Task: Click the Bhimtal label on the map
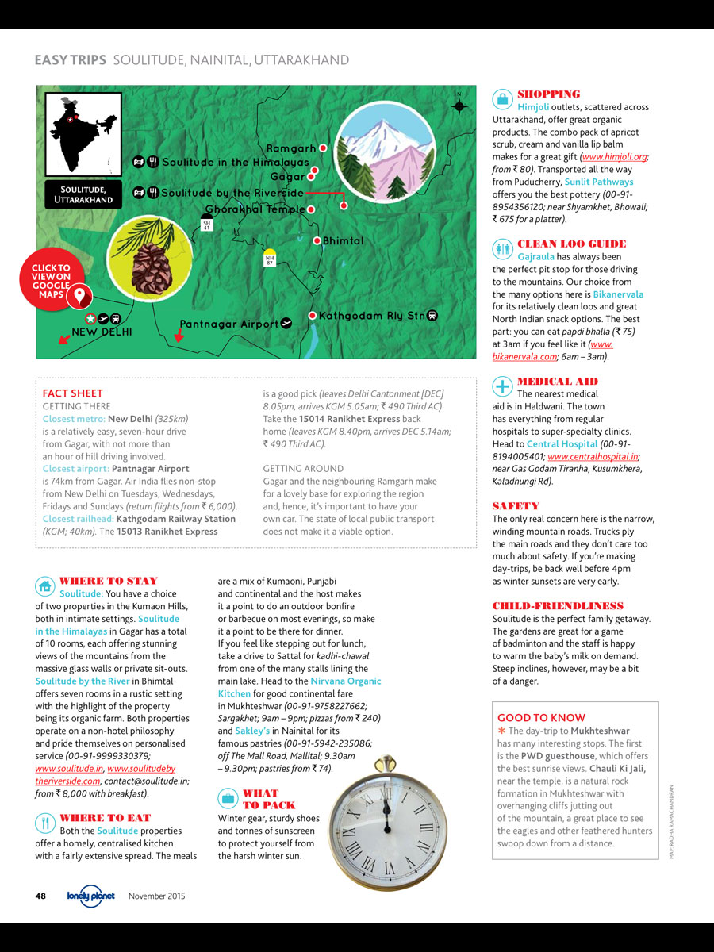coord(344,241)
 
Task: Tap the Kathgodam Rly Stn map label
coord(372,316)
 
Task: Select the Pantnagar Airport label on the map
coord(229,324)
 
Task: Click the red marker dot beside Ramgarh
coord(323,148)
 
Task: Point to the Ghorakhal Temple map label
coord(255,209)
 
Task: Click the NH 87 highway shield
coord(269,259)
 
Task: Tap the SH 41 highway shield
coord(207,225)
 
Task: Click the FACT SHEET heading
coord(72,393)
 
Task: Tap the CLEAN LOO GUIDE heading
coord(571,244)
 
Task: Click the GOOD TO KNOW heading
coord(541,717)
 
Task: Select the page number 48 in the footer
coord(41,896)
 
